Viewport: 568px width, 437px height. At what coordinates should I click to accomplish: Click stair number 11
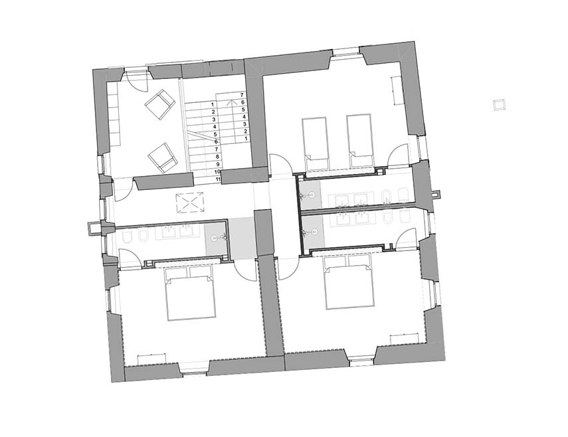218,179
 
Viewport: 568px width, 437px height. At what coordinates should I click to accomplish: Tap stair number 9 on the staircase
217,164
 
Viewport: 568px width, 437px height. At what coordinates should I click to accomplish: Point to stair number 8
217,157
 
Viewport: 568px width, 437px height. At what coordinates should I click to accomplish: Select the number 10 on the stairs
218,171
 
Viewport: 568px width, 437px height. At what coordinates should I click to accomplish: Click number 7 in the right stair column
241,95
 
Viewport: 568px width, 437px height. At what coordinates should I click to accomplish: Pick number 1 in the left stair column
213,104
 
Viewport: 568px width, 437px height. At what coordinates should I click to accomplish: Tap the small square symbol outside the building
499,105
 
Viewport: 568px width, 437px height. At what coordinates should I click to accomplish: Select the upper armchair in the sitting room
159,104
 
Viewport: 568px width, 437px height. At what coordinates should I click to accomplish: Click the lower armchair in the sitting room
163,157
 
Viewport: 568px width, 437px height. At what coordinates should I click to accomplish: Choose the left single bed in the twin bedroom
315,143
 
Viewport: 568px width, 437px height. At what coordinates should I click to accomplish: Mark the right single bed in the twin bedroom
359,141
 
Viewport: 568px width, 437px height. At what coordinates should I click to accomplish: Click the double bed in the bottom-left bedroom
191,294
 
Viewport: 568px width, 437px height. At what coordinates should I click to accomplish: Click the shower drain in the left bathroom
215,238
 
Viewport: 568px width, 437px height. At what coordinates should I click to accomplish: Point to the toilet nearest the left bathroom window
128,237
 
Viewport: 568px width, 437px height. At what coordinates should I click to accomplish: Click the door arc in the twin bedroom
398,155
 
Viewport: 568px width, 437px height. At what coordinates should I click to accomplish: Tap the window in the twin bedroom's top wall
346,52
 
